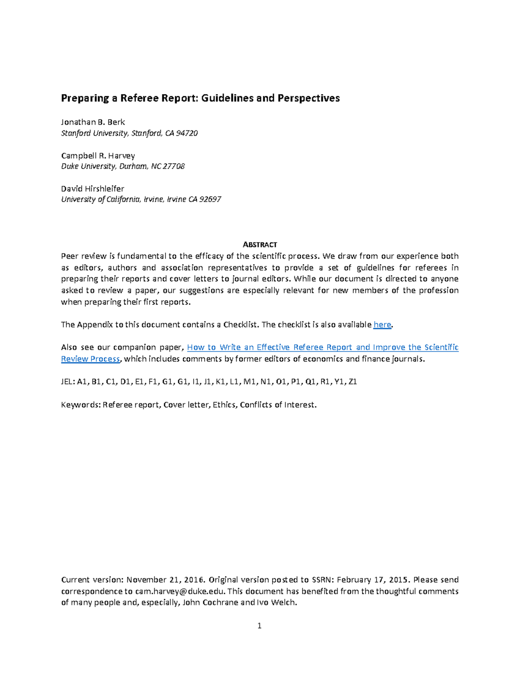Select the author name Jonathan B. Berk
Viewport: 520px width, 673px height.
[x=93, y=122]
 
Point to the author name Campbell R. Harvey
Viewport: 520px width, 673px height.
[x=98, y=156]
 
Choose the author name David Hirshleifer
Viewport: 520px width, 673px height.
[x=92, y=189]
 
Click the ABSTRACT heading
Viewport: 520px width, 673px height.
[x=260, y=244]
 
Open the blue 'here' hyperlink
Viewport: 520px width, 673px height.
[x=382, y=325]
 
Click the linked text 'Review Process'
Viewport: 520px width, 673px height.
[x=90, y=359]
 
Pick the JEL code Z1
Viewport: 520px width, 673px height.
[x=353, y=382]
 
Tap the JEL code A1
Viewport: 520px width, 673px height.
[x=82, y=382]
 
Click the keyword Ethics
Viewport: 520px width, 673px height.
[x=224, y=405]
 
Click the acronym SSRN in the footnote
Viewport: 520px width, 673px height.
[x=322, y=580]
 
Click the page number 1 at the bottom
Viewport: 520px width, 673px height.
[x=259, y=625]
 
